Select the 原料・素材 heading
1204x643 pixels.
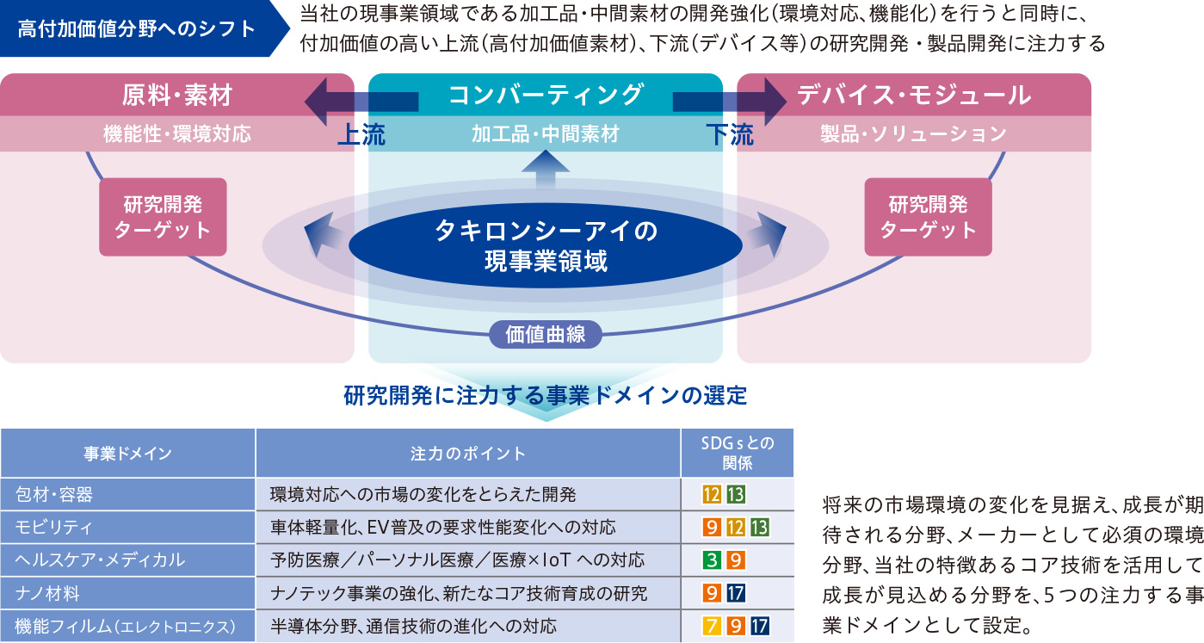point(176,96)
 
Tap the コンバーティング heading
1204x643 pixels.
point(546,95)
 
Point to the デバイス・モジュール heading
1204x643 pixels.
point(914,96)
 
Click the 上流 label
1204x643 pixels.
point(361,134)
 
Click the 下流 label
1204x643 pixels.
point(730,134)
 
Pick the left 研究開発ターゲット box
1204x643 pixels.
point(163,217)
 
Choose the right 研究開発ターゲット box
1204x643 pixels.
point(929,217)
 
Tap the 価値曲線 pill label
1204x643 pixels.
point(545,334)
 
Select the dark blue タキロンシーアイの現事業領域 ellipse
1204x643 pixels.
point(546,245)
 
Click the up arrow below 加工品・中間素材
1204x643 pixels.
point(546,169)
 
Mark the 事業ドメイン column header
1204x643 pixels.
point(127,454)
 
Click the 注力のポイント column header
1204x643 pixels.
point(467,454)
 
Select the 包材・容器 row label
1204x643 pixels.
point(54,495)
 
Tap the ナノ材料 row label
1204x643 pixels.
point(47,594)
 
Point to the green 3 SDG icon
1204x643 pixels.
point(711,560)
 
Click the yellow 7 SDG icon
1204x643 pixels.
point(711,627)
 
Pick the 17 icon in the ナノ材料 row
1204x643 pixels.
point(735,594)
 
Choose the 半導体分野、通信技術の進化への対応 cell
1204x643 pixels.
point(413,627)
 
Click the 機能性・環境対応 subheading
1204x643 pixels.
point(176,134)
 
